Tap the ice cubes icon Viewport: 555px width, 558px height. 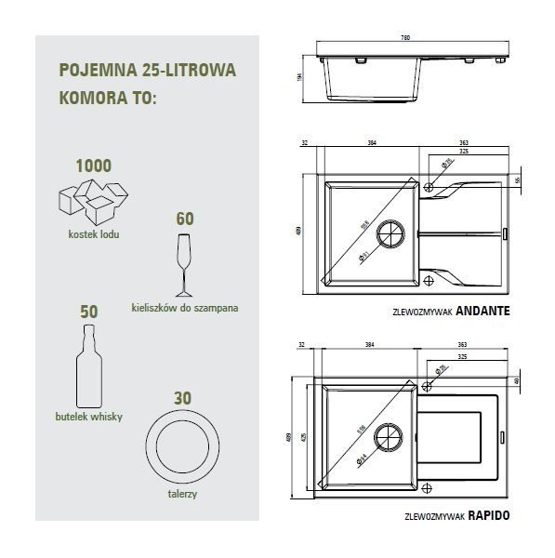(92, 201)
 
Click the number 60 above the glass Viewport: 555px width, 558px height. (184, 219)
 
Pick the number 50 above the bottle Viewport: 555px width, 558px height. (89, 312)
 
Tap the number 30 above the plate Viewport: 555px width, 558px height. (183, 397)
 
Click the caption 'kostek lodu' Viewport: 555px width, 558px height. (93, 234)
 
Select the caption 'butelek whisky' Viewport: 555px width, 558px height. (89, 417)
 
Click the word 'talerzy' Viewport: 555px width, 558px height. (183, 495)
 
